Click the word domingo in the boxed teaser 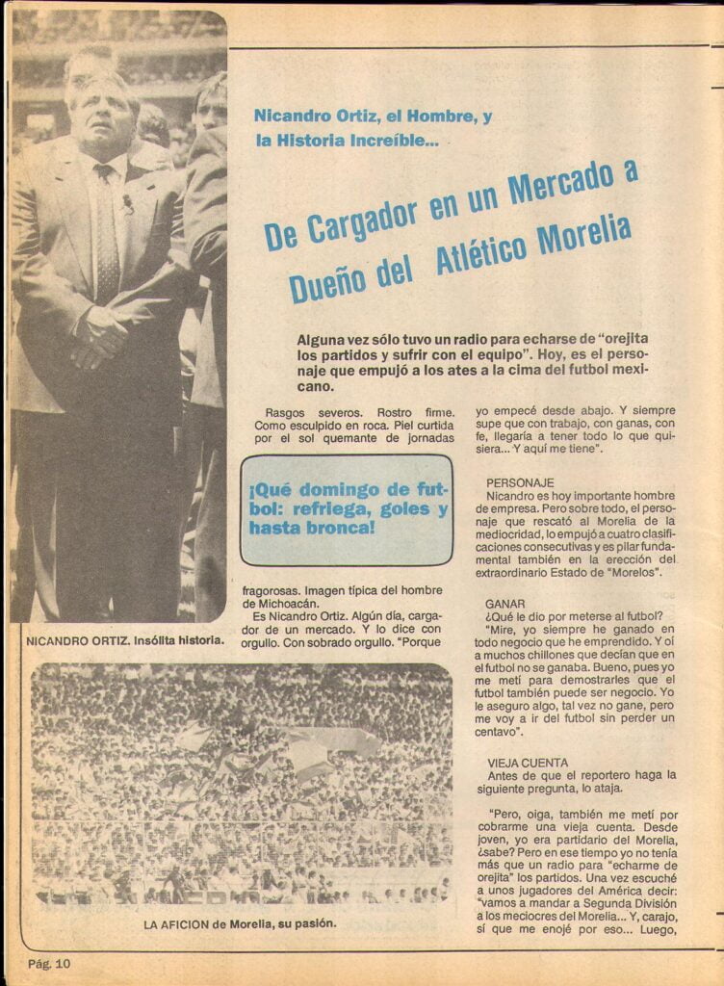337,488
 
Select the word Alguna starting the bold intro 322,339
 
